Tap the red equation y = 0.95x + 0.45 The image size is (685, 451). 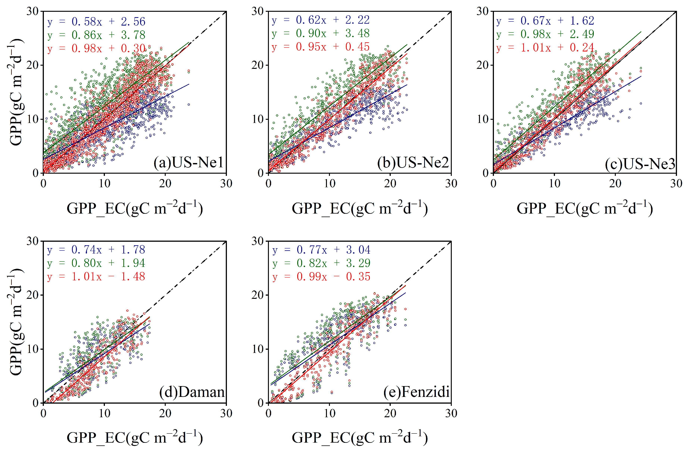point(321,47)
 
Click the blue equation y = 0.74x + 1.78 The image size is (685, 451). point(96,250)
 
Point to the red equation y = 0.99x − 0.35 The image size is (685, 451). point(321,277)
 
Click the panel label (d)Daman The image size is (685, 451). point(192,392)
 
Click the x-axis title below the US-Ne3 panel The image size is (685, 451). point(584,208)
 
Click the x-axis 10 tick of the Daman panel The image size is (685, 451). point(104,413)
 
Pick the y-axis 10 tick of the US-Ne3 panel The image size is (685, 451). point(483,119)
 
